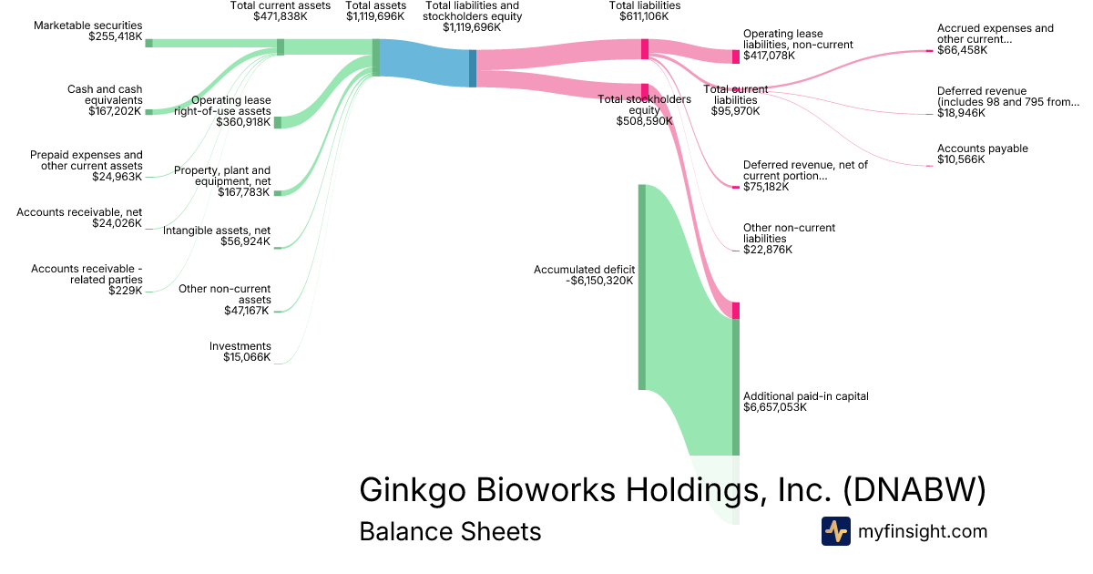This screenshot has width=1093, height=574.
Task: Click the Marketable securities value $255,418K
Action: (115, 36)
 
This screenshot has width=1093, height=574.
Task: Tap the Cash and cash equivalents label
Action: (105, 95)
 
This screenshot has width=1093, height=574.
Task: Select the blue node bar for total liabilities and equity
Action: (473, 68)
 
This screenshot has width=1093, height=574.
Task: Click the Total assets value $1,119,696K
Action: (375, 16)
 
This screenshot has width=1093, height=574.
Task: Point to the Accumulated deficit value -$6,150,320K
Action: (599, 281)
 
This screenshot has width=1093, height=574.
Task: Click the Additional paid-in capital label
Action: (805, 396)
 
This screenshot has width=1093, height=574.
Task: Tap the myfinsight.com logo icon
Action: (836, 531)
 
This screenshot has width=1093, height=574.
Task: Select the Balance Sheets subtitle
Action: (450, 531)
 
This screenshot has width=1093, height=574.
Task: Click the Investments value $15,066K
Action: (247, 357)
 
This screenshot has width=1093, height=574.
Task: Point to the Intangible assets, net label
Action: (216, 231)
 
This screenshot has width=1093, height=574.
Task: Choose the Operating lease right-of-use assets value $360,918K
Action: (243, 122)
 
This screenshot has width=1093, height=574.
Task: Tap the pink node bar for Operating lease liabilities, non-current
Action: (736, 56)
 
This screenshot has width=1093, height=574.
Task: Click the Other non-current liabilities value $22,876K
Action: (768, 250)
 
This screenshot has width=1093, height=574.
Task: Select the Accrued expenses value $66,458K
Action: (962, 50)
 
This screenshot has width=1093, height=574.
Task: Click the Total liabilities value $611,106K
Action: (644, 16)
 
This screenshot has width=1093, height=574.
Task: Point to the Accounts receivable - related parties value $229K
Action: (125, 291)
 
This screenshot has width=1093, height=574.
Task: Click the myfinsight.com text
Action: (923, 531)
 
